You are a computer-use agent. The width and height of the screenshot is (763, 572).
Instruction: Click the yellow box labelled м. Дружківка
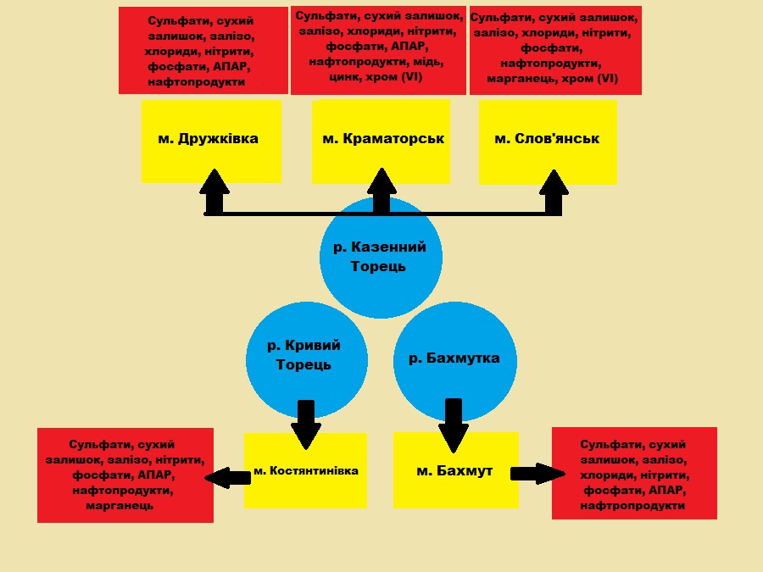pos(211,140)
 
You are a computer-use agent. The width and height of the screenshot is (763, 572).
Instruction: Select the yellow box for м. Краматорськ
pos(381,140)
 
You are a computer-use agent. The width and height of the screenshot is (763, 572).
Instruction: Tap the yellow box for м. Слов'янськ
pos(548,140)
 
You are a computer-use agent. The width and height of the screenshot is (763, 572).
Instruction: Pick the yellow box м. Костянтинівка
pos(305,471)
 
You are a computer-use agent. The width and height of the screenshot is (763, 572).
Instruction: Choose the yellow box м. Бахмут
pos(455,471)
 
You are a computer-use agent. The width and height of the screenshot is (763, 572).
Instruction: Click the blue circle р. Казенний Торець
pos(381,258)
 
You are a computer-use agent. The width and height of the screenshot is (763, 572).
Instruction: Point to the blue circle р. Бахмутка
pos(454,358)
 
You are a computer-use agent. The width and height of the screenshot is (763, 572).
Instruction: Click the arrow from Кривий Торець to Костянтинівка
pos(305,424)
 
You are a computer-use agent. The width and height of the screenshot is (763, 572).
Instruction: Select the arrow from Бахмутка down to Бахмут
pos(454,425)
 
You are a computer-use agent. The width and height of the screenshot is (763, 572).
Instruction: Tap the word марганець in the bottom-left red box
pos(120,506)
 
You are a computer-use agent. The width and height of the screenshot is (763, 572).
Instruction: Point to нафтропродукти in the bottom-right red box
pos(632,506)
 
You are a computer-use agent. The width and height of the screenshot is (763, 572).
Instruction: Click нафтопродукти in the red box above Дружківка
pos(196,82)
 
